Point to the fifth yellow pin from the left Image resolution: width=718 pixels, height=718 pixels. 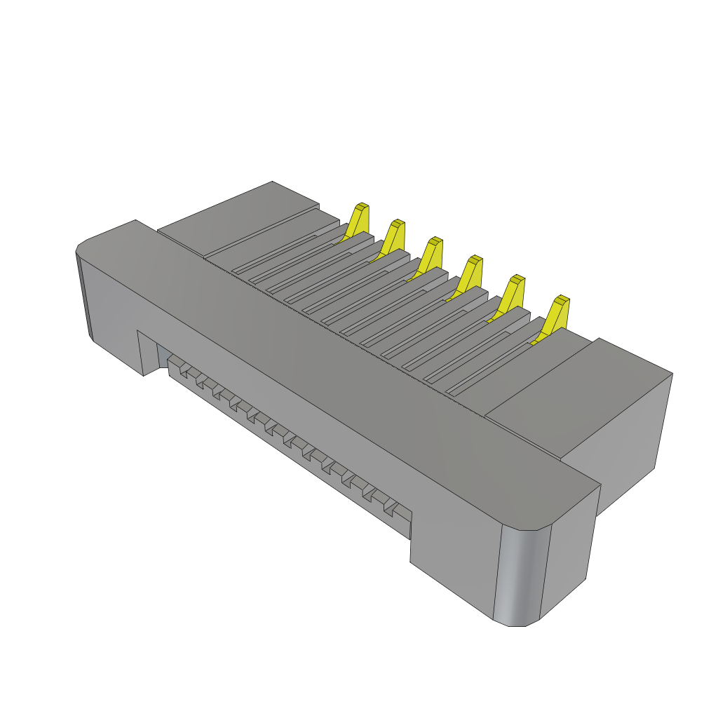click(513, 294)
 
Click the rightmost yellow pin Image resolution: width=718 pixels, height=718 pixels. click(557, 315)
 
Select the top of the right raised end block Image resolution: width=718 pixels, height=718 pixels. click(582, 393)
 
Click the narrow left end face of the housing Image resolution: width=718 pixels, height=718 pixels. click(85, 294)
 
